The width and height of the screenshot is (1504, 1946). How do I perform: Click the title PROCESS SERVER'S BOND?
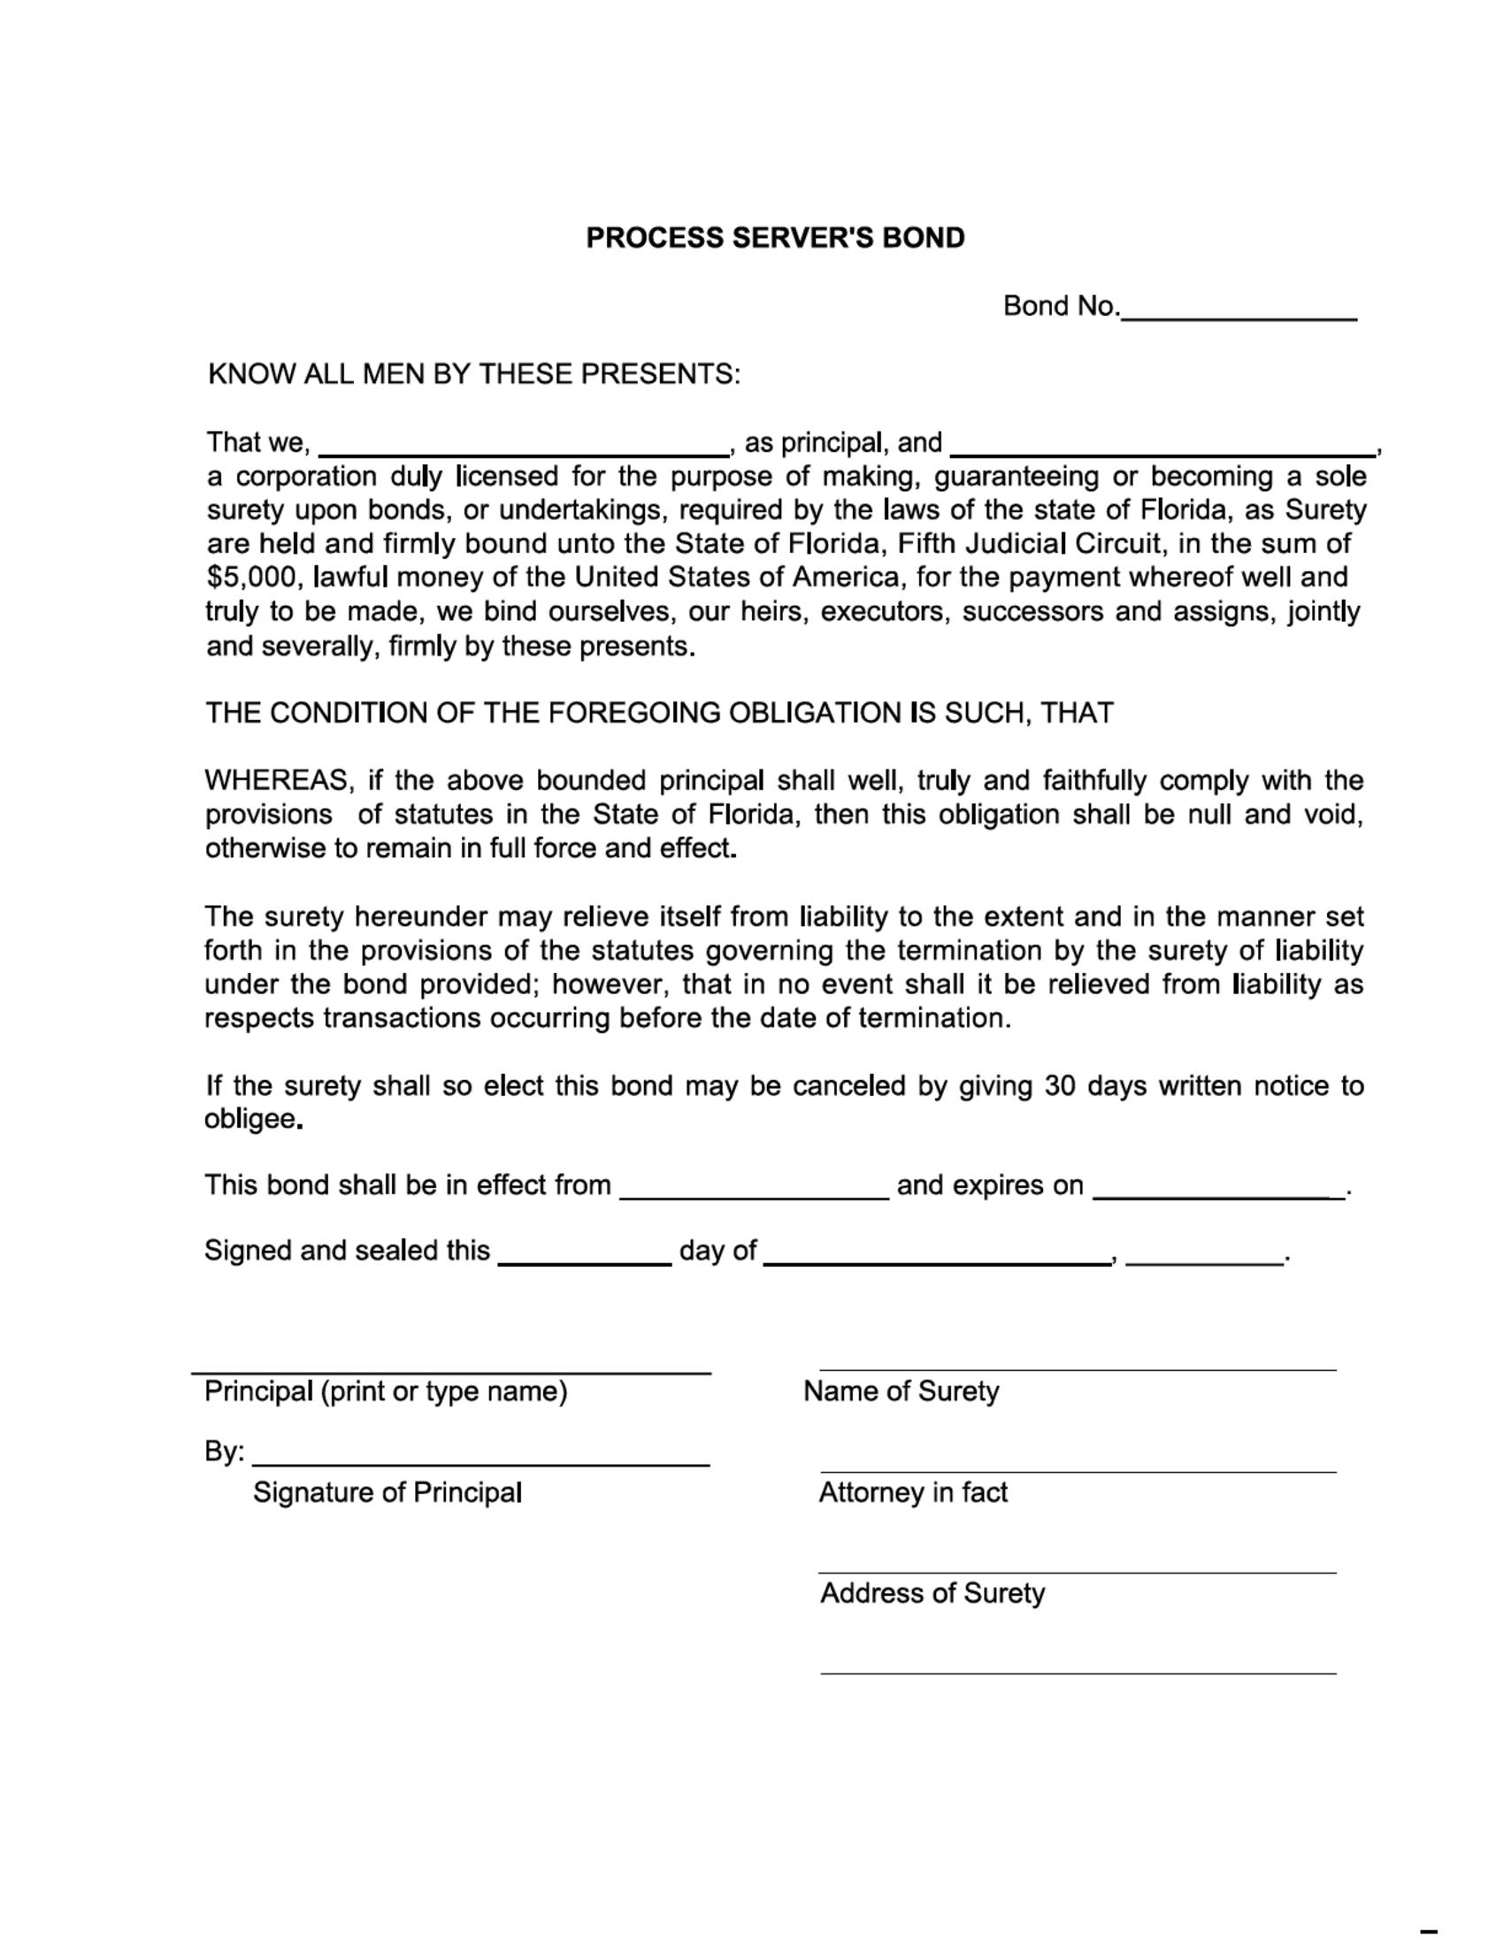[x=774, y=238]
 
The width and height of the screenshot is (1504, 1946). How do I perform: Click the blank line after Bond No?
[x=1238, y=312]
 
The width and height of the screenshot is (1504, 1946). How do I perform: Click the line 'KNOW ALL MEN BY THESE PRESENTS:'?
[x=473, y=374]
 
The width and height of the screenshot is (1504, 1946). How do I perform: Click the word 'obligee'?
[x=250, y=1119]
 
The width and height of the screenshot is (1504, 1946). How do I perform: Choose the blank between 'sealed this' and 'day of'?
[x=584, y=1257]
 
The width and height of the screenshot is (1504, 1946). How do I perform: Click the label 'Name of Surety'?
[x=900, y=1391]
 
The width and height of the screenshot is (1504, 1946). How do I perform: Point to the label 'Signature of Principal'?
[x=387, y=1492]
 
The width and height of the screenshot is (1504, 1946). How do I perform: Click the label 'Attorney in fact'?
[x=912, y=1492]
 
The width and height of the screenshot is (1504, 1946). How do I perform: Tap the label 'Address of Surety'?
[x=931, y=1593]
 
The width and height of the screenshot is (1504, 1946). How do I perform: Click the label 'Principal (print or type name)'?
[x=386, y=1391]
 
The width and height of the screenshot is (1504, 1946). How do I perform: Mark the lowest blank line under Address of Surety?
[x=1078, y=1673]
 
